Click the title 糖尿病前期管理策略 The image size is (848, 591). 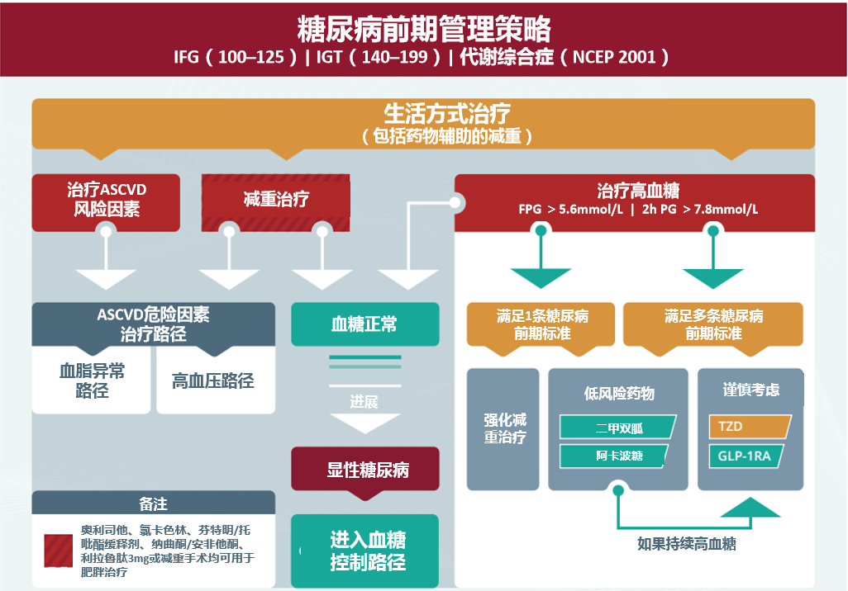point(423,30)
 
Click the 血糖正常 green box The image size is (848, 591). point(364,324)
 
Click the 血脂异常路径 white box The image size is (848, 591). point(92,381)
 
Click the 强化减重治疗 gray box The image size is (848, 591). point(504,428)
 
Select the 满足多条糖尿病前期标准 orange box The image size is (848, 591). point(713,325)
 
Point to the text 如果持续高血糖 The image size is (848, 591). point(686,544)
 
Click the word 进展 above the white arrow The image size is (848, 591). point(364,402)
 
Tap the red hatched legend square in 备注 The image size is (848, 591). point(59,550)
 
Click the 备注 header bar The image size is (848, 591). point(153,503)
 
